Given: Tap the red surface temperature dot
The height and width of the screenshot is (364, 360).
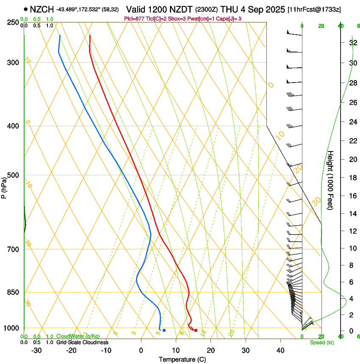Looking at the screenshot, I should click(196, 330).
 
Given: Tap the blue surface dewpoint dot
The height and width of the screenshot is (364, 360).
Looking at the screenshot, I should click(164, 330).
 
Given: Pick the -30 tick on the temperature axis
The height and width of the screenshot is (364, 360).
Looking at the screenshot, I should click(36, 350).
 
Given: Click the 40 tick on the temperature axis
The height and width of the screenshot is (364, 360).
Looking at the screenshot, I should click(280, 350).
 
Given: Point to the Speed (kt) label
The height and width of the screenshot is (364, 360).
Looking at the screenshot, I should click(322, 342).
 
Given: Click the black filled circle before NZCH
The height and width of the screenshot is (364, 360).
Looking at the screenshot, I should click(26, 9).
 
